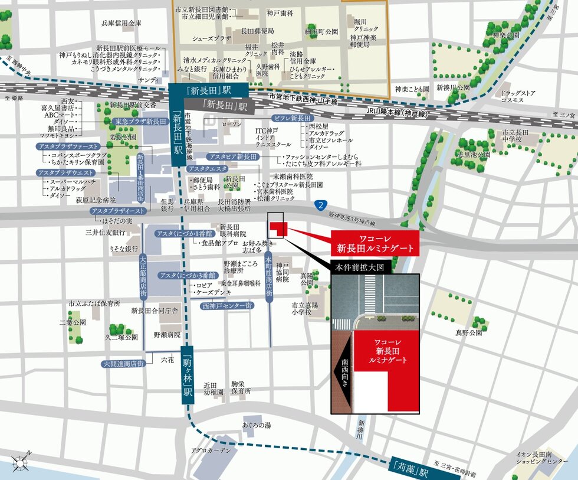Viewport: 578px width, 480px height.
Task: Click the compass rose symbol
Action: pyautogui.click(x=24, y=462)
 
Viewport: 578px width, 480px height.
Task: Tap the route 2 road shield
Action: pyautogui.click(x=320, y=205)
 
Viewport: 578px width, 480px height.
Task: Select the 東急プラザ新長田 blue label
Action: pyautogui.click(x=139, y=121)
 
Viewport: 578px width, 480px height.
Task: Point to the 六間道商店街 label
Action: pyautogui.click(x=123, y=364)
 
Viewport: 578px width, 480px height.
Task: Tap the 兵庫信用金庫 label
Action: pyautogui.click(x=121, y=24)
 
